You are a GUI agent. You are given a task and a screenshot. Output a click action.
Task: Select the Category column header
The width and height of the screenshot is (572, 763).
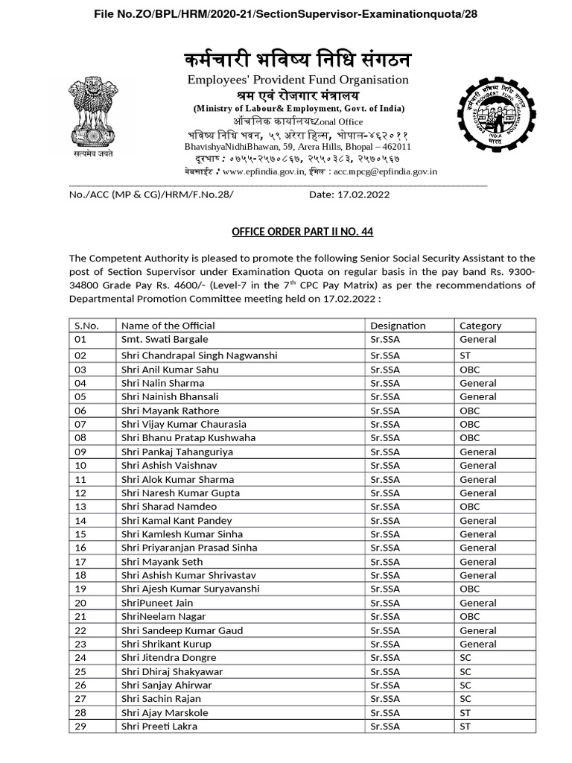480,326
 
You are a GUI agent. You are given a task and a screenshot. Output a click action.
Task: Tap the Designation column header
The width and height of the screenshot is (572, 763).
398,326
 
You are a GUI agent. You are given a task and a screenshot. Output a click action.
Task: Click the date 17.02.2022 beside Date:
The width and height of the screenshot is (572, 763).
360,194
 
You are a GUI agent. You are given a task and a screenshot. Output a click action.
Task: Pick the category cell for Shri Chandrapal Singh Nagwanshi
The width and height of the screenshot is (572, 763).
465,356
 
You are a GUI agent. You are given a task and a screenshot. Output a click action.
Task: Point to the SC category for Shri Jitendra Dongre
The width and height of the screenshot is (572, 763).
465,657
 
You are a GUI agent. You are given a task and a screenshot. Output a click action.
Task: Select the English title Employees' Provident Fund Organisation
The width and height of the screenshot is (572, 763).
298,80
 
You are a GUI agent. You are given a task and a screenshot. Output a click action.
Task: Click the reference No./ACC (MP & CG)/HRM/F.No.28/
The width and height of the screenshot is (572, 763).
150,194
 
